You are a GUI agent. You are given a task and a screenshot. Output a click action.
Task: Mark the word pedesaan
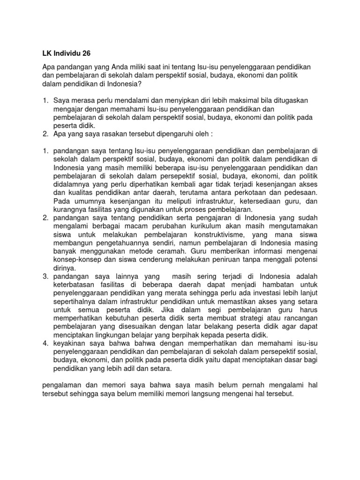(x=300, y=193)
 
